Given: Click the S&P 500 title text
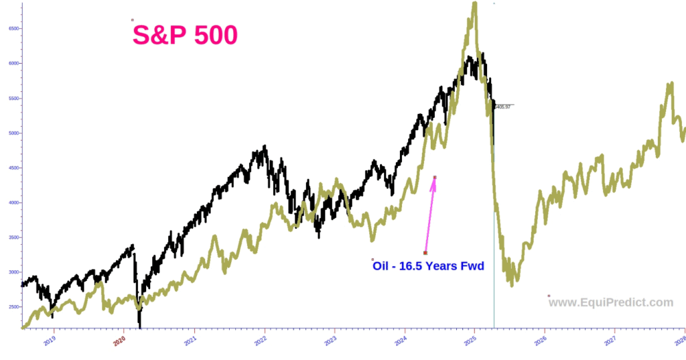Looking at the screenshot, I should click(x=185, y=36).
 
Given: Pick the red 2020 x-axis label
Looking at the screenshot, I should click(x=120, y=340).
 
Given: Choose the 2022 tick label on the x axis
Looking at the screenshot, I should click(x=261, y=340).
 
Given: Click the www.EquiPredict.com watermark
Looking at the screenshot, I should click(x=610, y=302).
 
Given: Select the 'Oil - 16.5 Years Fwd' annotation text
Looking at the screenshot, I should click(x=429, y=266).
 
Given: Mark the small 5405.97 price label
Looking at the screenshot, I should click(x=502, y=107).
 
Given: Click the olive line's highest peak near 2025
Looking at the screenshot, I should click(x=474, y=4).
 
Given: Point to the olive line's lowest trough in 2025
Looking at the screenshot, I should click(x=512, y=285).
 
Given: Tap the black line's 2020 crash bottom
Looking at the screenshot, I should click(x=140, y=326).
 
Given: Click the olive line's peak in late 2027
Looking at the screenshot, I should click(x=671, y=84).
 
